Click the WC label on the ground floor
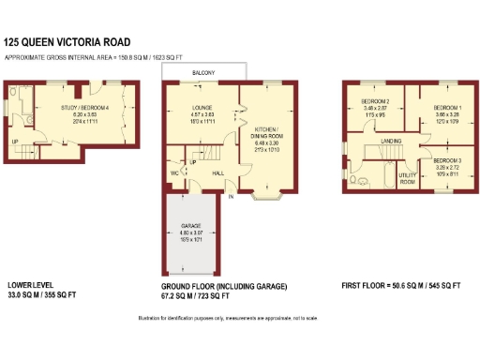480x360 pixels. click(175, 172)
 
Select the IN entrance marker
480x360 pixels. click(230, 197)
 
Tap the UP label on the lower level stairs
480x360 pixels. click(14, 142)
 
